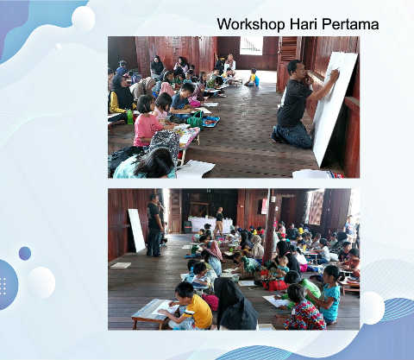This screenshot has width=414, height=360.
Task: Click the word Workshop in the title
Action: coord(251,24)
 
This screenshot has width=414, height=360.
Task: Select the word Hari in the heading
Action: coord(304,24)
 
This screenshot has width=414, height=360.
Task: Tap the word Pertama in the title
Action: coord(350,24)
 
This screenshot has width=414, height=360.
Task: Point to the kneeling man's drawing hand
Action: coord(335,73)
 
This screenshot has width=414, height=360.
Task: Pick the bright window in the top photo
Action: coord(251,46)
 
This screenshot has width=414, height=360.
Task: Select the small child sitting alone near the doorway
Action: coord(253,78)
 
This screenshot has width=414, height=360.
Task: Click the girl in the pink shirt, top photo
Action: coord(146,123)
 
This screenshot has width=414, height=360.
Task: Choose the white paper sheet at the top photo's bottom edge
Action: coord(195,169)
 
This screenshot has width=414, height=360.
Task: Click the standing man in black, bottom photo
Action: coord(154,225)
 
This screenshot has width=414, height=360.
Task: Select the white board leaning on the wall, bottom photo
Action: coord(137,231)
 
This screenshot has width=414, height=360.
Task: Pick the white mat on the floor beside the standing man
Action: coord(121,265)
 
